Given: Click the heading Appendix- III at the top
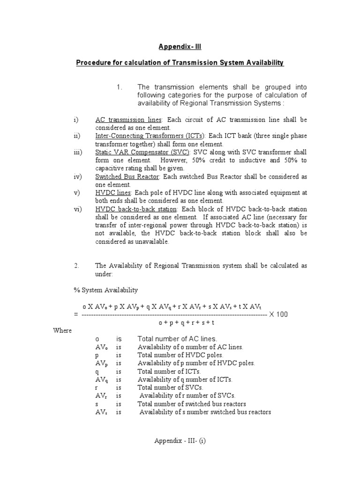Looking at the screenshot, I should [180, 47].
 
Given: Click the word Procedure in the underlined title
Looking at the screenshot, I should [92, 62].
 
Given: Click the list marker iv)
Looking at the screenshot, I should [78, 177].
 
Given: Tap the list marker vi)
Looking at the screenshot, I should [78, 209].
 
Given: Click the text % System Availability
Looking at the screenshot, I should [105, 290].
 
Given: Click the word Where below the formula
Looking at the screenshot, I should [62, 330].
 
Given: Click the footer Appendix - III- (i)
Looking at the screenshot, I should [180, 441].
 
